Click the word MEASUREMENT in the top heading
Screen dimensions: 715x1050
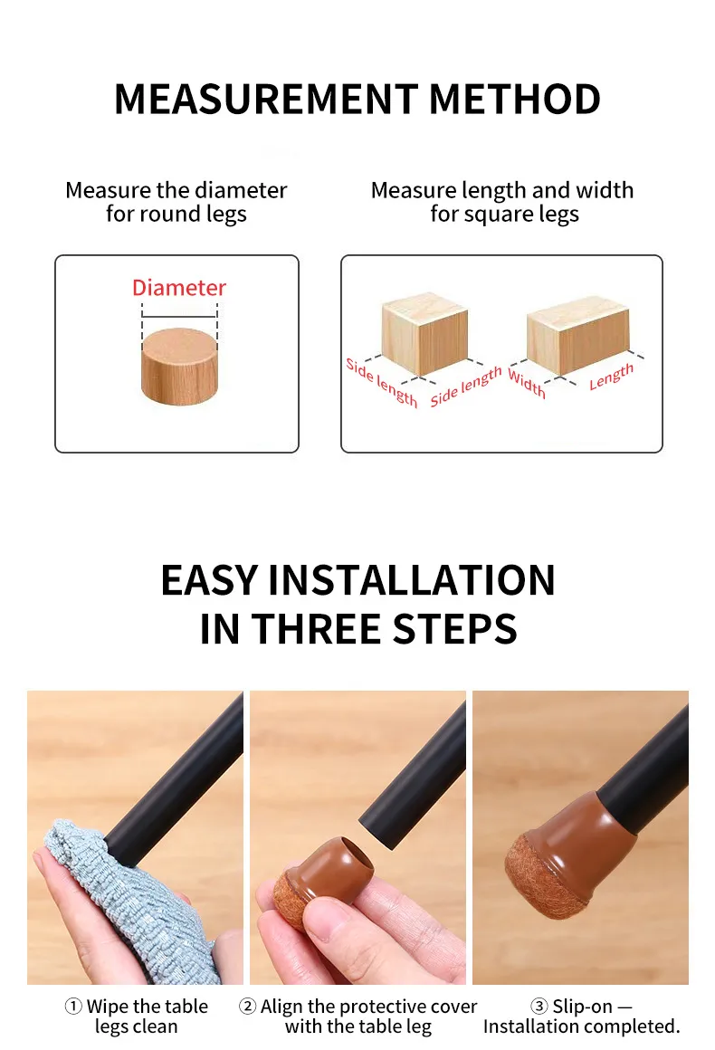point(266,99)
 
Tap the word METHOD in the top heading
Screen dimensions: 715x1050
point(515,99)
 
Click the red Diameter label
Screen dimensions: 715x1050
point(179,288)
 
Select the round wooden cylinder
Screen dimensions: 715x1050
point(179,367)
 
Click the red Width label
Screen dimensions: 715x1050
point(527,383)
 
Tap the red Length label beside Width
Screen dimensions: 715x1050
point(611,377)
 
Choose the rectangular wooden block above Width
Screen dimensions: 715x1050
point(577,335)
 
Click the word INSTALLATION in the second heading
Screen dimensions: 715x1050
point(411,580)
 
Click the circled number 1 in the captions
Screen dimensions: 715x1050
point(73,1006)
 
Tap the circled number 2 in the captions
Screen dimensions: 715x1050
point(248,1006)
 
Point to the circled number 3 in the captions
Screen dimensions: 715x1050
point(539,1006)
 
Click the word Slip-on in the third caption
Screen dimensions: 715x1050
point(583,1007)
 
